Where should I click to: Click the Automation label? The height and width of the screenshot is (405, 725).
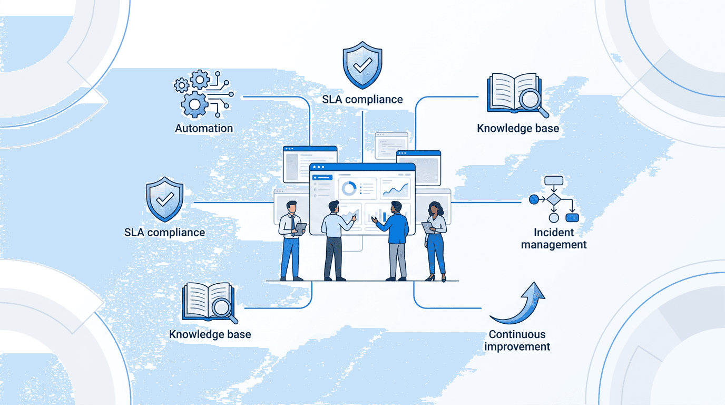pyautogui.click(x=204, y=128)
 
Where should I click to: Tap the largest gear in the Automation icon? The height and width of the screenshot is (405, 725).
pyautogui.click(x=194, y=104)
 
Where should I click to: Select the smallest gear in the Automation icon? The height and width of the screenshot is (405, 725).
pyautogui.click(x=181, y=85)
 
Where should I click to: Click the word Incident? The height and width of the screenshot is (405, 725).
pyautogui.click(x=553, y=233)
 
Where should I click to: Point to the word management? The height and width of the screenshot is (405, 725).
pyautogui.click(x=553, y=245)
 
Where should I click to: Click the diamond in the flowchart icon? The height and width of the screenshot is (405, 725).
pyautogui.click(x=554, y=199)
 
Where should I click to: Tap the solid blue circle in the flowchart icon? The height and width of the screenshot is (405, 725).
pyautogui.click(x=534, y=199)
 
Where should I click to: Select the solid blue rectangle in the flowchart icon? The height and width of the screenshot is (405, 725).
pyautogui.click(x=572, y=217)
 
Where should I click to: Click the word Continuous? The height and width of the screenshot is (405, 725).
pyautogui.click(x=517, y=334)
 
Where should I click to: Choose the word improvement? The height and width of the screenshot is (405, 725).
pyautogui.click(x=517, y=346)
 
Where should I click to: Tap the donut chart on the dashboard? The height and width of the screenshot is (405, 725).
pyautogui.click(x=349, y=188)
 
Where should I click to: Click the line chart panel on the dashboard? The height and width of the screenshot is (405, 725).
pyautogui.click(x=395, y=189)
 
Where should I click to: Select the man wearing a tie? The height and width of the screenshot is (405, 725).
pyautogui.click(x=291, y=240)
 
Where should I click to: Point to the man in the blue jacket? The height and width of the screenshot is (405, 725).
pyautogui.click(x=395, y=240)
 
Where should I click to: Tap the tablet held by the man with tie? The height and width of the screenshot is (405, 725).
pyautogui.click(x=300, y=229)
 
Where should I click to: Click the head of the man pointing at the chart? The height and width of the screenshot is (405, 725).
pyautogui.click(x=334, y=207)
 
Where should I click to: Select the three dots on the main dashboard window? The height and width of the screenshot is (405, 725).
pyautogui.click(x=318, y=167)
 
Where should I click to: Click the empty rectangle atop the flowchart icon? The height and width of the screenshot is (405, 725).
pyautogui.click(x=554, y=180)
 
